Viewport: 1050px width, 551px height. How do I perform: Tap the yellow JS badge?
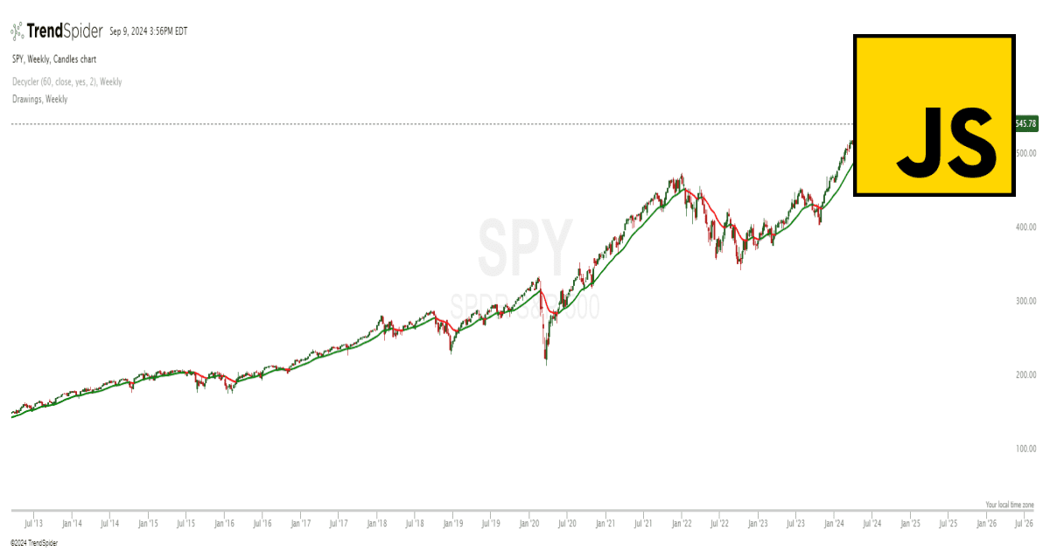(934, 115)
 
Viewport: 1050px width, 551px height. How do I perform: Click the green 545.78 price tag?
(1025, 124)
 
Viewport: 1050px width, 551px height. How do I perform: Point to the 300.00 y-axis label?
(1025, 301)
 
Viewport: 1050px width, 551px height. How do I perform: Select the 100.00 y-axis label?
(1025, 449)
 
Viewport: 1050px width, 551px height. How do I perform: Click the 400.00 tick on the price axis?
(1025, 227)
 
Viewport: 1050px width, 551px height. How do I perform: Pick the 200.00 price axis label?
(1025, 375)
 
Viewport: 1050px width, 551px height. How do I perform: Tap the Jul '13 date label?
(34, 524)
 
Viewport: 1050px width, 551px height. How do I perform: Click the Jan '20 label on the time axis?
(529, 524)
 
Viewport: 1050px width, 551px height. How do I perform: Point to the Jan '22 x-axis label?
(682, 524)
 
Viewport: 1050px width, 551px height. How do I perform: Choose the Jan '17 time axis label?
(300, 524)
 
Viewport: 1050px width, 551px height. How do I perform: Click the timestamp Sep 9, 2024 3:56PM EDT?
(149, 31)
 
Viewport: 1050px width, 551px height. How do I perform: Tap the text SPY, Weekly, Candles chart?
(54, 59)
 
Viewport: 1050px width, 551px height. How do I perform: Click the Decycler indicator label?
(66, 81)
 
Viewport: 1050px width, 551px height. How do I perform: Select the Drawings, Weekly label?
(39, 99)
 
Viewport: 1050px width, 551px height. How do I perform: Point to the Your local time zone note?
(1010, 506)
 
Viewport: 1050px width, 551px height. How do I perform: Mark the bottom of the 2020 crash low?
(546, 363)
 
